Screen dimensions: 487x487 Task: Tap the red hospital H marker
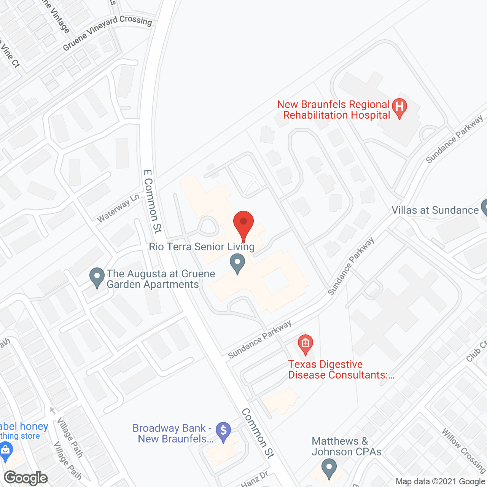(399, 107)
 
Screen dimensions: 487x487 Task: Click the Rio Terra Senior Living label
(202, 247)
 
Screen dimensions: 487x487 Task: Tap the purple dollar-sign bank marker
(223, 431)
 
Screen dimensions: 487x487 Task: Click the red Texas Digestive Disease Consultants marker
(305, 344)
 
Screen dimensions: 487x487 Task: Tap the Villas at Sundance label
(435, 210)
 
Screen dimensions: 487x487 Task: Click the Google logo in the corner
(26, 478)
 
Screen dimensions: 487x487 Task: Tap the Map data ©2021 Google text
(440, 482)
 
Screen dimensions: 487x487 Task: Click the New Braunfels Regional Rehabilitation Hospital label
(333, 110)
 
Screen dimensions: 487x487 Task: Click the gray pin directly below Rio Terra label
(237, 263)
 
